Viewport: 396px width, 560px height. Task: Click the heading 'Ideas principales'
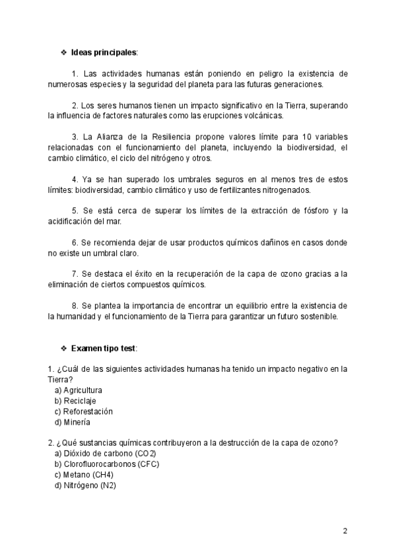[x=104, y=52]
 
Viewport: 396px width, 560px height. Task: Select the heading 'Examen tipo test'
[x=103, y=347]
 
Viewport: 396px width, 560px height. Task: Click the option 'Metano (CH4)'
[x=88, y=475]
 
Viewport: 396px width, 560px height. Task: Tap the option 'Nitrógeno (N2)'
[x=90, y=485]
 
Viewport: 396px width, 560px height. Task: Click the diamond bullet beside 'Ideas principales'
[x=63, y=52]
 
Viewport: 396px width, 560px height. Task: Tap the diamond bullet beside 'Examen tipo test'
[x=63, y=347]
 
